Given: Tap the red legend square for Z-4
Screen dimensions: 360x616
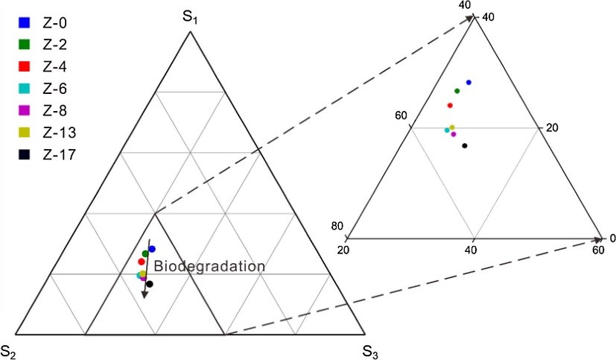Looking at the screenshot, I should (x=24, y=66).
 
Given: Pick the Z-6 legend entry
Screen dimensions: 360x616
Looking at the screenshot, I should (x=55, y=88).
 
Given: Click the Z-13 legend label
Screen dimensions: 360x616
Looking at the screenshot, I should (x=59, y=133).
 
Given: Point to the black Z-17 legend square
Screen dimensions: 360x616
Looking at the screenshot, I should (x=24, y=155).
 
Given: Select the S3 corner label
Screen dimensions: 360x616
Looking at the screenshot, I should (x=371, y=350).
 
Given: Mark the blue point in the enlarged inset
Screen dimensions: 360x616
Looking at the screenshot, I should (x=469, y=82).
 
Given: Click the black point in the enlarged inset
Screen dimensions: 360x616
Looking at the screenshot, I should (x=465, y=145).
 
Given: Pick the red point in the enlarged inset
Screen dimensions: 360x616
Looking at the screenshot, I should (x=450, y=105).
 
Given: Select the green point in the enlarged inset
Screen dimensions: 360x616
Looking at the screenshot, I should (x=457, y=91).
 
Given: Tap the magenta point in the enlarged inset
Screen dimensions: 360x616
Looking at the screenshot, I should (x=454, y=134).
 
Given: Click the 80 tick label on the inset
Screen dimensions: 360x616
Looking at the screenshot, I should (x=337, y=227).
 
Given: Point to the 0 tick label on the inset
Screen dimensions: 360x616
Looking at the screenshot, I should (x=612, y=239).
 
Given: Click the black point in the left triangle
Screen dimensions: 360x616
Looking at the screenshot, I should (x=150, y=284).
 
